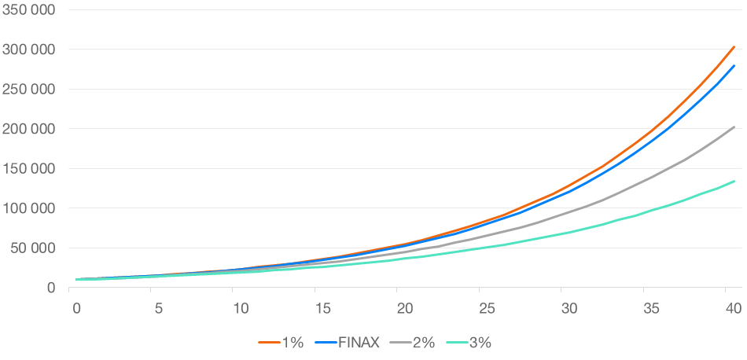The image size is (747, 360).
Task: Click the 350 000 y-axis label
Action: pyautogui.click(x=31, y=9)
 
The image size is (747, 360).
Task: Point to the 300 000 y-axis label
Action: pyautogui.click(x=31, y=50)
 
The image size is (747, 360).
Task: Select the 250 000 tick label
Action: pyautogui.click(x=31, y=89)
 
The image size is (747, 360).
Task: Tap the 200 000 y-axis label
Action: pyautogui.click(x=31, y=129)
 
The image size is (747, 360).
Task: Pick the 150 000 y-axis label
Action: pyautogui.click(x=31, y=169)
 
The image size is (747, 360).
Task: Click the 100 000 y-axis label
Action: pyautogui.click(x=31, y=208)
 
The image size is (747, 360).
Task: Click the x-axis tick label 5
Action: pyautogui.click(x=159, y=308)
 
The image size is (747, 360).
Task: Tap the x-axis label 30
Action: pyautogui.click(x=568, y=308)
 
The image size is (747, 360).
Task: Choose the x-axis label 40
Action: pyautogui.click(x=732, y=308)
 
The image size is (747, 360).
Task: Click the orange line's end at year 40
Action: pyautogui.click(x=734, y=46)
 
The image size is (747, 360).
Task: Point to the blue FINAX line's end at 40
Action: pyautogui.click(x=734, y=66)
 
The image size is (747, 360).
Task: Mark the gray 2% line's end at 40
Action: pyautogui.click(x=734, y=127)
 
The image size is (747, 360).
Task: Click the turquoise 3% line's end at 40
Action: pyautogui.click(x=734, y=182)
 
